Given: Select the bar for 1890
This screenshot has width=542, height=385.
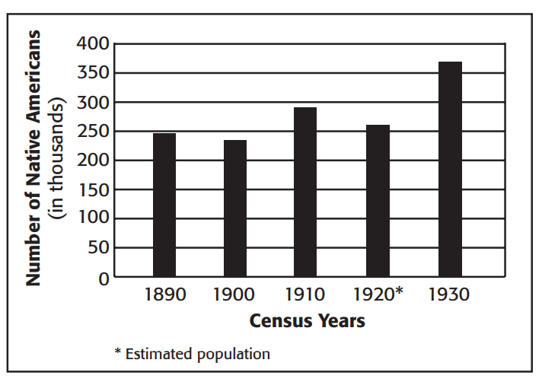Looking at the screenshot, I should coord(164,204).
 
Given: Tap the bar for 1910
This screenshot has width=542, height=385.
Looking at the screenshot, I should coord(305,191).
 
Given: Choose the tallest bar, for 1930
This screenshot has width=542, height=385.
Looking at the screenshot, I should coord(449,169).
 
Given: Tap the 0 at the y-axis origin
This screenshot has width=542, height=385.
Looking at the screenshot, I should coord(104,278).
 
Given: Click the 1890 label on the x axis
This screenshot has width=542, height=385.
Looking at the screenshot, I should coord(164,294).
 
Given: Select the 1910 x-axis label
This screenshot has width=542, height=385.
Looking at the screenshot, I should coord(305,294).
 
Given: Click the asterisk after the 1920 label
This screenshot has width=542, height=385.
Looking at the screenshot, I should coord(399,292).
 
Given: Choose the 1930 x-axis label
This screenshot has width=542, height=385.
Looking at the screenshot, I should coord(449,294).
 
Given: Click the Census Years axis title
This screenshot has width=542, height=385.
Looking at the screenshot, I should coord(307,320).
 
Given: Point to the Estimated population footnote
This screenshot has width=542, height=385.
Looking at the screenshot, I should coord(191,354).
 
